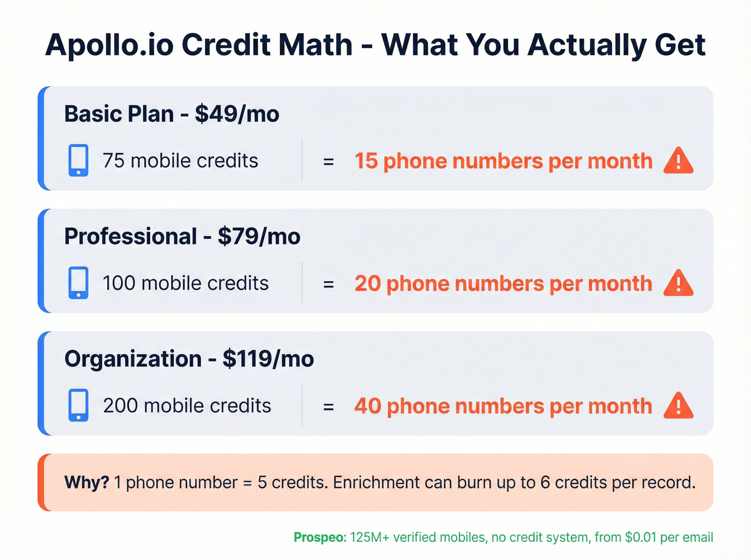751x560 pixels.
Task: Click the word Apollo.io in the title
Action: pyautogui.click(x=109, y=45)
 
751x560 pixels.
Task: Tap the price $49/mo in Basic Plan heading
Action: pyautogui.click(x=237, y=114)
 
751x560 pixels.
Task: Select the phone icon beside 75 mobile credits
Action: pyautogui.click(x=78, y=160)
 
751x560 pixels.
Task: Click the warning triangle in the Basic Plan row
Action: pyautogui.click(x=678, y=161)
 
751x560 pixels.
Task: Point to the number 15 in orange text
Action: pyautogui.click(x=366, y=161)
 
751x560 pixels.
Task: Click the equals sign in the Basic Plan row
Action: pyautogui.click(x=328, y=161)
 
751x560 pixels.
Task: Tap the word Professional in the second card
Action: pyautogui.click(x=130, y=236)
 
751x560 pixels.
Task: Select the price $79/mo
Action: pyautogui.click(x=259, y=236)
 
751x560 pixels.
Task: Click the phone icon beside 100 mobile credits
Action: pyautogui.click(x=78, y=283)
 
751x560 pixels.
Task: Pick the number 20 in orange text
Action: pyautogui.click(x=367, y=283)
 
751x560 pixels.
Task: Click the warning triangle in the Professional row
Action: pyautogui.click(x=678, y=283)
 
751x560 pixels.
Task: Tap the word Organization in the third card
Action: pyautogui.click(x=132, y=359)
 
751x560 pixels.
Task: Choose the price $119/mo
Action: pyautogui.click(x=268, y=359)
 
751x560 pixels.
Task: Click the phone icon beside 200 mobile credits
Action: pyautogui.click(x=78, y=405)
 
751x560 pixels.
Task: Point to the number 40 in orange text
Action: pyautogui.click(x=367, y=406)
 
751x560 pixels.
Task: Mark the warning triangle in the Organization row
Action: pyautogui.click(x=678, y=406)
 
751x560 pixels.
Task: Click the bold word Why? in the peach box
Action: pyautogui.click(x=86, y=482)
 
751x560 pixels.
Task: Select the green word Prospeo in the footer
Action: pyautogui.click(x=320, y=537)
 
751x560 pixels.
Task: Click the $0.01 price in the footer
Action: pyautogui.click(x=640, y=537)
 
